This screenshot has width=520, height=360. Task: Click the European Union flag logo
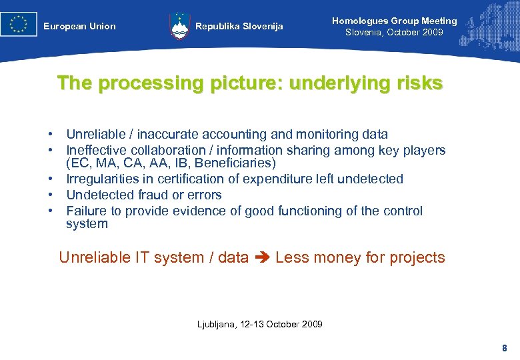[19, 24]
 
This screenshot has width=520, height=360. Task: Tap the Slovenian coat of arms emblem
[179, 25]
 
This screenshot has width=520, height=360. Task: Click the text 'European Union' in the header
[79, 27]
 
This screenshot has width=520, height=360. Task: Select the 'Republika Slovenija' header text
[239, 27]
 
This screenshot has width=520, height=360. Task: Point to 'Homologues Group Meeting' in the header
[394, 21]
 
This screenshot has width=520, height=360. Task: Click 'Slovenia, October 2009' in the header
[394, 33]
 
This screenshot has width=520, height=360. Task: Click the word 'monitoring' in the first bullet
[324, 135]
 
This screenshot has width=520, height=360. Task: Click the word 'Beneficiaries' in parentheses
[235, 163]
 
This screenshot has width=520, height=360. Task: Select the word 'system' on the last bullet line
[87, 224]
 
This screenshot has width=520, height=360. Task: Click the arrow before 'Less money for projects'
[261, 258]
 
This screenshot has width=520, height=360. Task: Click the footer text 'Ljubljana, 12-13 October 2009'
[259, 325]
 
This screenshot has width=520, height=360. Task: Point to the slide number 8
[504, 348]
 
